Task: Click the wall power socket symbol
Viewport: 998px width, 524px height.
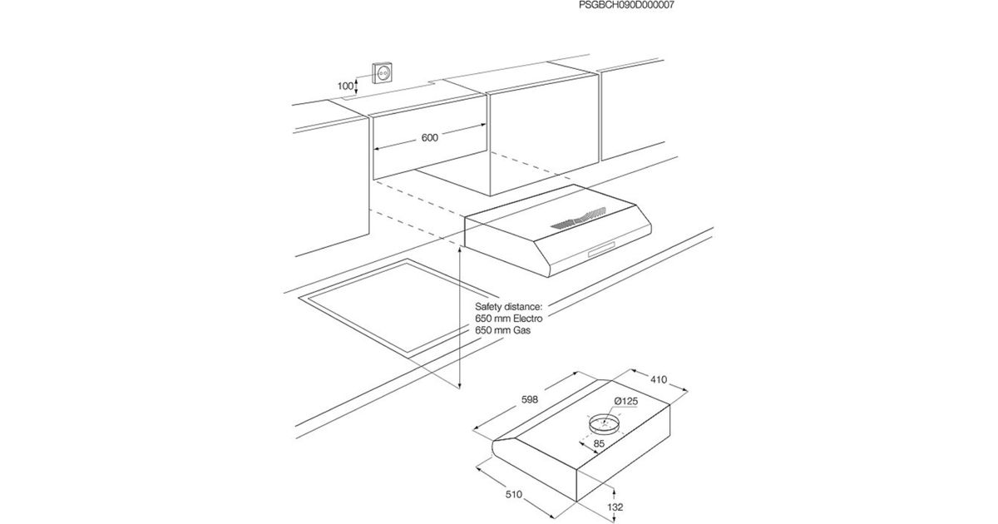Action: (x=384, y=74)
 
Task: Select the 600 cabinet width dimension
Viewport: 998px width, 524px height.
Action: (x=429, y=138)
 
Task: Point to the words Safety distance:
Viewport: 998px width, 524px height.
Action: (x=509, y=307)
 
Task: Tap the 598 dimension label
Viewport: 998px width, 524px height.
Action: (x=531, y=399)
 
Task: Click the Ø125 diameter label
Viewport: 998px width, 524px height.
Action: (x=625, y=402)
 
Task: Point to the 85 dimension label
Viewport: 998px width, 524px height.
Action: (x=600, y=443)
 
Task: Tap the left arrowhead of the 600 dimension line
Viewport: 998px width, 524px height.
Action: (x=375, y=149)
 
